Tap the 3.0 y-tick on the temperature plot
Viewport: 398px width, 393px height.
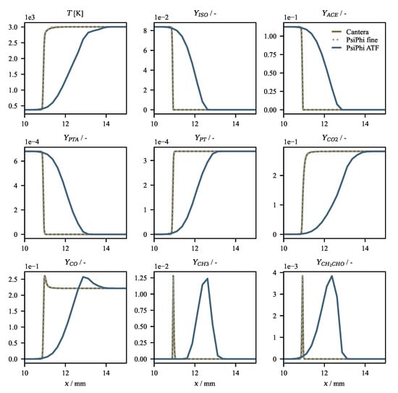15,27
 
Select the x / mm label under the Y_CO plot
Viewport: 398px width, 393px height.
75,384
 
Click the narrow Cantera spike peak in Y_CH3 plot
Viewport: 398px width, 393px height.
173,276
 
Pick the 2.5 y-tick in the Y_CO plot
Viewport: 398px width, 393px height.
15,279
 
